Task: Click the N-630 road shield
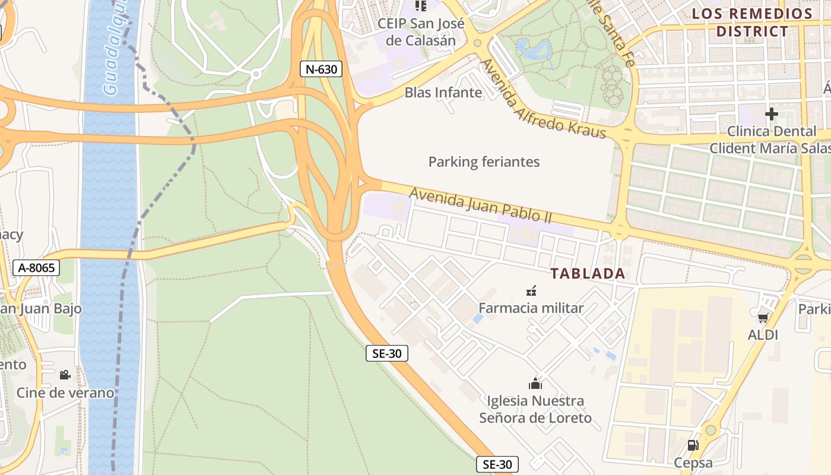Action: pyautogui.click(x=321, y=69)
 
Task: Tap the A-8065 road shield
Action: pyautogui.click(x=37, y=268)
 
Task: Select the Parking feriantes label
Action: pyautogui.click(x=484, y=161)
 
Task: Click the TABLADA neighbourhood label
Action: pyautogui.click(x=588, y=274)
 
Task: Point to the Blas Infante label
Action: pyautogui.click(x=443, y=93)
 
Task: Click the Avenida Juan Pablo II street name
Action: pyautogui.click(x=481, y=205)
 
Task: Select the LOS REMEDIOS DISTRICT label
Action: pyautogui.click(x=752, y=23)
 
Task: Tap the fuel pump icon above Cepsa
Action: pyautogui.click(x=693, y=445)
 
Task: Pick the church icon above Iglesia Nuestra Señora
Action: pyautogui.click(x=535, y=384)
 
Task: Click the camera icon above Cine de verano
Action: pyautogui.click(x=65, y=375)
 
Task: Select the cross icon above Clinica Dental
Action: pyautogui.click(x=771, y=113)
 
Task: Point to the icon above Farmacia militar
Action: pyautogui.click(x=531, y=290)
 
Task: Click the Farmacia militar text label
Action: pyautogui.click(x=531, y=308)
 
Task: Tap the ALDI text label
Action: pyautogui.click(x=763, y=335)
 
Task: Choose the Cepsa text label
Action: pyautogui.click(x=693, y=462)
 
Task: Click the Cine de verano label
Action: pyautogui.click(x=65, y=392)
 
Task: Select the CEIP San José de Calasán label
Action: pyautogui.click(x=421, y=32)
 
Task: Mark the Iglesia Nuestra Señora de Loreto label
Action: pyautogui.click(x=535, y=409)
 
